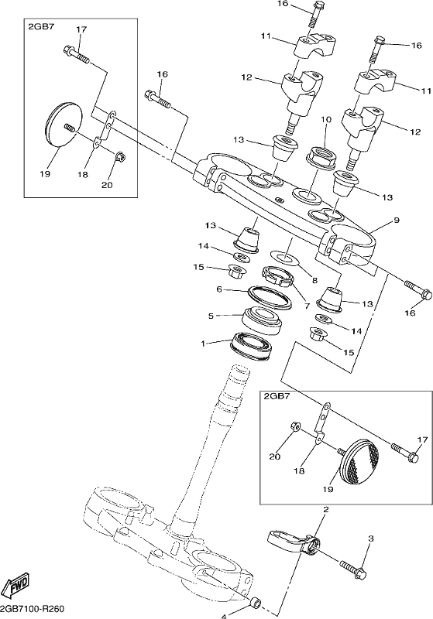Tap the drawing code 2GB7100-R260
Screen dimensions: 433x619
click(32, 608)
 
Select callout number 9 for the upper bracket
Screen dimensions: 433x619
click(397, 221)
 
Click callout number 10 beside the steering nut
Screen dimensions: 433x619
click(326, 120)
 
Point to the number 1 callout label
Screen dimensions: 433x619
click(204, 344)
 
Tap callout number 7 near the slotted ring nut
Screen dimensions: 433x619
click(314, 281)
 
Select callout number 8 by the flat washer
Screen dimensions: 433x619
click(326, 510)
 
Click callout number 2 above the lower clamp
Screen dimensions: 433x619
click(370, 539)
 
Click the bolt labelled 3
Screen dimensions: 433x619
click(256, 603)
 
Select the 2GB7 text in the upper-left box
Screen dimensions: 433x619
click(76, 55)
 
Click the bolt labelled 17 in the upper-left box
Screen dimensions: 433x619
click(119, 158)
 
